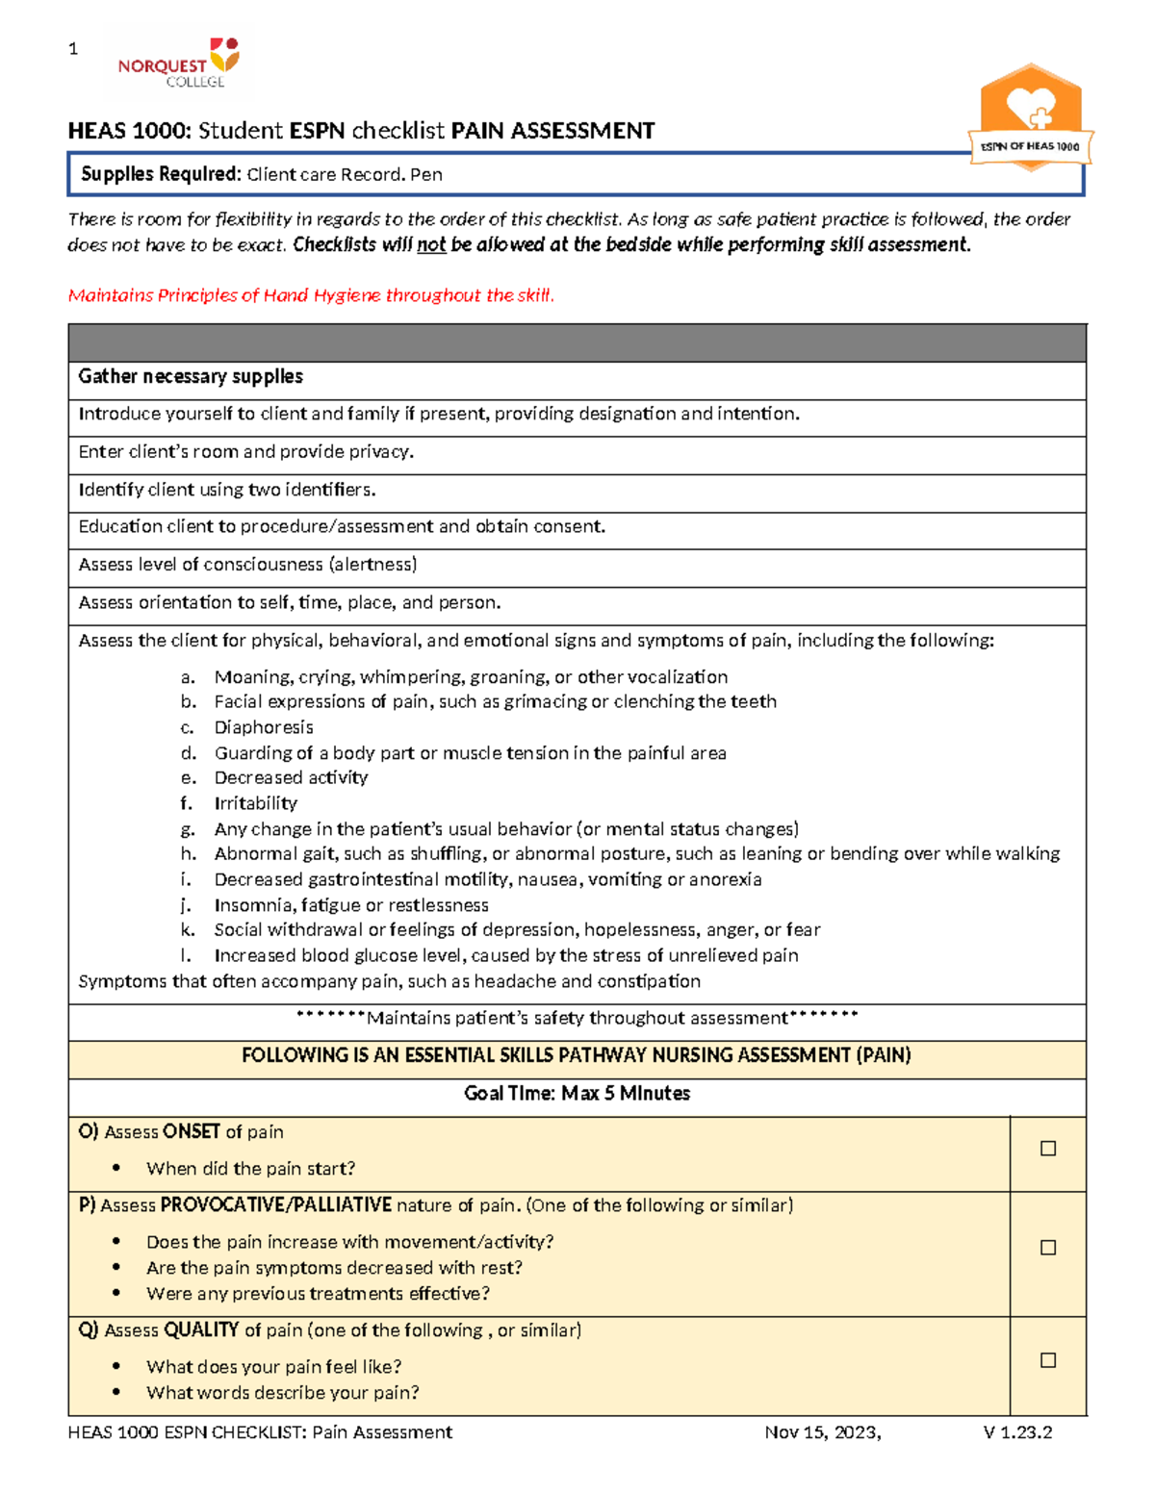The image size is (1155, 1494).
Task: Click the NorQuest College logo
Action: point(178,63)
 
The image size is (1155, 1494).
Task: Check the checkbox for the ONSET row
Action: point(1048,1149)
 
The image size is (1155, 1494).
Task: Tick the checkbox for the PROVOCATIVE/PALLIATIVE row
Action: point(1048,1248)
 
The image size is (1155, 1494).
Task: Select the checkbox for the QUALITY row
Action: point(1048,1360)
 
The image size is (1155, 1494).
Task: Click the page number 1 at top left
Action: point(73,49)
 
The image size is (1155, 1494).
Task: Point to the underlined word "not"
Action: point(431,245)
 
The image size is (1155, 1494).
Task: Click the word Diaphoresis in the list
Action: point(263,727)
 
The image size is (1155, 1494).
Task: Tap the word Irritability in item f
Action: point(255,803)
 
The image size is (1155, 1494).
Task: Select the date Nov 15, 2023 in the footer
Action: point(821,1432)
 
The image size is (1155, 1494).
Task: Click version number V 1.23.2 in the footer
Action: point(1017,1432)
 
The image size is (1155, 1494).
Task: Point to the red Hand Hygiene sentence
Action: point(311,295)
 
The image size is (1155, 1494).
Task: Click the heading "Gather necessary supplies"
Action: point(191,377)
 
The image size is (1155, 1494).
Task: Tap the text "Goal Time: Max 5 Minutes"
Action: point(577,1094)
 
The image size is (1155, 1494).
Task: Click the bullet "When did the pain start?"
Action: point(250,1169)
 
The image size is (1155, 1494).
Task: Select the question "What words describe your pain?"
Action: point(282,1393)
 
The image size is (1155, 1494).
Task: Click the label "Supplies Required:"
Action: point(161,174)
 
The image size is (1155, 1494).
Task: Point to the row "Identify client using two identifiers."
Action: point(227,490)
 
